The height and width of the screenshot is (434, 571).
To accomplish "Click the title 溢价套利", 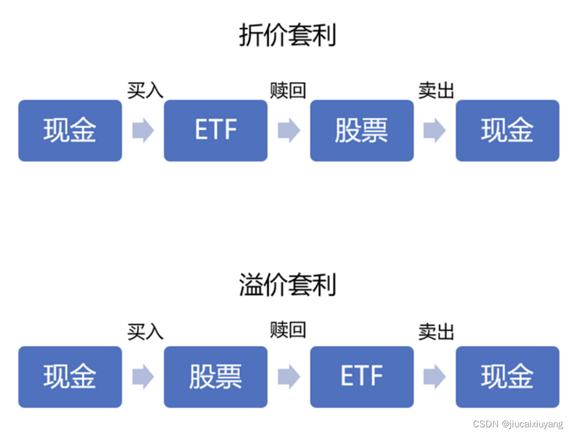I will [x=287, y=285].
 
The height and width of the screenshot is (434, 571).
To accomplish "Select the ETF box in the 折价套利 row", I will [x=216, y=130].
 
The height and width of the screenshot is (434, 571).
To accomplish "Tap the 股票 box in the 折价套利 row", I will [x=362, y=130].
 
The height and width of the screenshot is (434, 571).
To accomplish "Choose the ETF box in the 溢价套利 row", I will [x=362, y=377].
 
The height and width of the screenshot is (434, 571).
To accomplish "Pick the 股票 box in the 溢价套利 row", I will [x=216, y=377].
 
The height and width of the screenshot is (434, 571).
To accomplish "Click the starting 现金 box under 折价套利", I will [x=70, y=130].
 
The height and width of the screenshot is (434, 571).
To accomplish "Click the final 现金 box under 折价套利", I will [x=507, y=130].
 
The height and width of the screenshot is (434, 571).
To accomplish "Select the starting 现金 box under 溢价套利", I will [x=70, y=377].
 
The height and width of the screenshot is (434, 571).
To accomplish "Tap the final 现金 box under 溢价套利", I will [x=507, y=377].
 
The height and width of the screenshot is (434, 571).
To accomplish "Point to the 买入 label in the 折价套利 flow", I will [x=145, y=90].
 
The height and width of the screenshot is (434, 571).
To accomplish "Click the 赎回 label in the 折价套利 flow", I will [x=288, y=90].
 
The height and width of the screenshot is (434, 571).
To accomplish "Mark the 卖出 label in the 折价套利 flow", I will [x=436, y=90].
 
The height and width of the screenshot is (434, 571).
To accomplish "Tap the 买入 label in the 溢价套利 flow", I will [x=145, y=331].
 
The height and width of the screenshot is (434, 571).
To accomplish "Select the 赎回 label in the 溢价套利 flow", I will [x=288, y=330].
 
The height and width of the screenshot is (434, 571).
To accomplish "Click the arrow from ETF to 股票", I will [x=289, y=130].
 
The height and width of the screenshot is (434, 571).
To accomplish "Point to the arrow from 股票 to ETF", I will [x=289, y=377].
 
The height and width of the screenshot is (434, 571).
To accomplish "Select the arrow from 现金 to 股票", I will [x=143, y=377].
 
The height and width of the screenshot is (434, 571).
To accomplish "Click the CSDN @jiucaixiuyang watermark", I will [x=518, y=424].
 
